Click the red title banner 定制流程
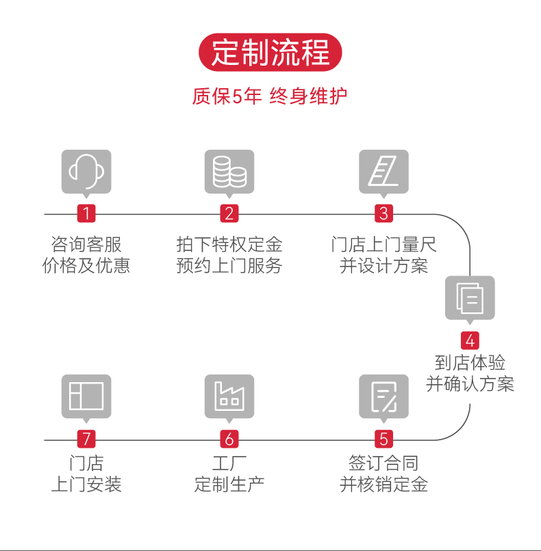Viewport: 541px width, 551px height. coord(270,53)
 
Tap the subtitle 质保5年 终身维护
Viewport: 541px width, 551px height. coord(270,96)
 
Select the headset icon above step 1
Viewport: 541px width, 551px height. coord(86,171)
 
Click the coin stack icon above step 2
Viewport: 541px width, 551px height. coord(229,171)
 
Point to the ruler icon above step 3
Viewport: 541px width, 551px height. coord(383,171)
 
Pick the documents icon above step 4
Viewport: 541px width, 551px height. coord(470,297)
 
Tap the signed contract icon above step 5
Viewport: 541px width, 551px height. coord(383,396)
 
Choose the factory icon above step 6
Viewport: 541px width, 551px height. coord(229,396)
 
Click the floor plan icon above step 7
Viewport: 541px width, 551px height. coord(86,396)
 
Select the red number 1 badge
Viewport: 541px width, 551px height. coord(86,213)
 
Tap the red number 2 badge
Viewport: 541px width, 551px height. coord(229,213)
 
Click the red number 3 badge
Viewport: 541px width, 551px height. coord(383,213)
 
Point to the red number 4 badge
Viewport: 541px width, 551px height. coord(470,340)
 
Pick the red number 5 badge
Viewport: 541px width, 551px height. coord(383,439)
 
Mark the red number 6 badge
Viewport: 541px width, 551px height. coord(229,439)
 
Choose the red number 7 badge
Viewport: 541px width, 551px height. coord(86,439)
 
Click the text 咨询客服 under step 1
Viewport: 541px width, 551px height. coord(86,245)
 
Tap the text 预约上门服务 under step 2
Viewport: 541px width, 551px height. coord(229,266)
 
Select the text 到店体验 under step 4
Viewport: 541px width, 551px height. coord(470,362)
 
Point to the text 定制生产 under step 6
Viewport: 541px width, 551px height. coord(229,485)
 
